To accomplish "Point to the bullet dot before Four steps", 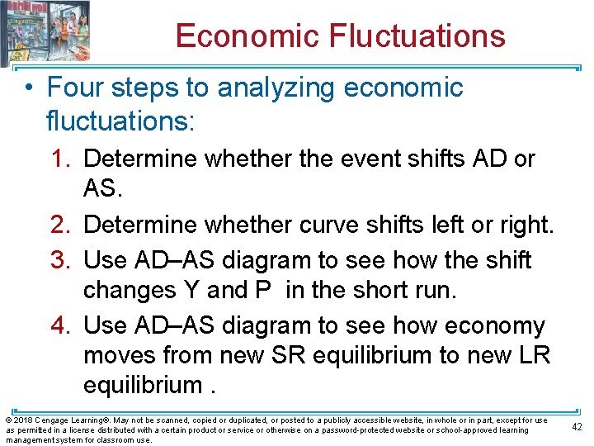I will (30, 88).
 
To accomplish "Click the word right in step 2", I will (527, 225).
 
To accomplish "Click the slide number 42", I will (577, 426).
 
